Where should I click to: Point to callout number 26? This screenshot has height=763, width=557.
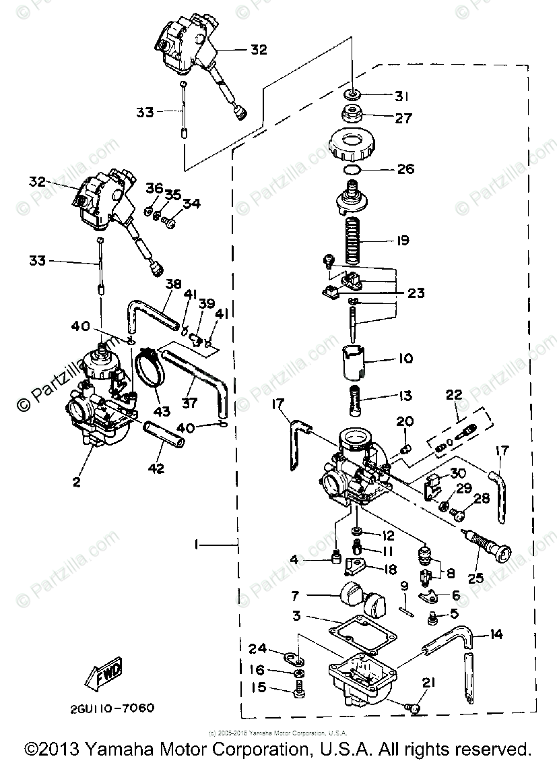point(406,169)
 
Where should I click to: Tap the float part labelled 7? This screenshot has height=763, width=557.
point(357,597)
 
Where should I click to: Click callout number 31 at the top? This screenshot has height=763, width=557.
point(402,96)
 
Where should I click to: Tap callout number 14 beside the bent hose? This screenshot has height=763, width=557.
point(496,634)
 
